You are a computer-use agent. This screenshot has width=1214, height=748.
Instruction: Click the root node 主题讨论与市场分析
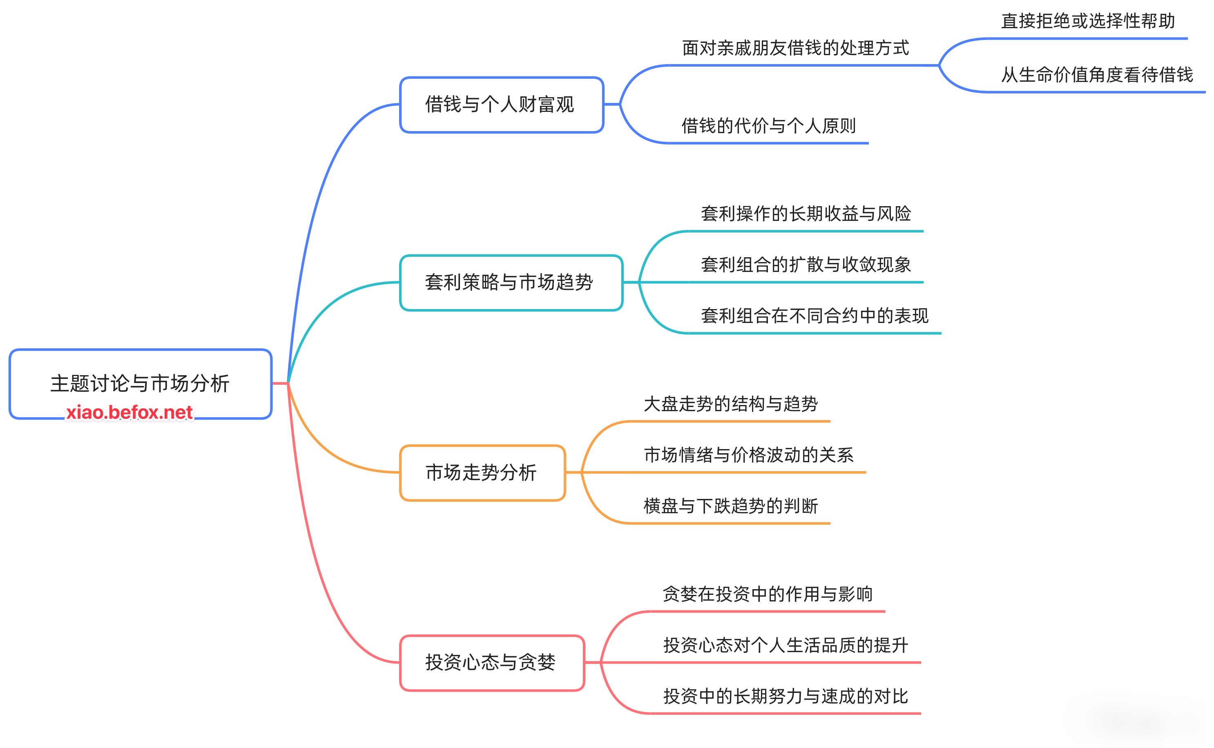(140, 383)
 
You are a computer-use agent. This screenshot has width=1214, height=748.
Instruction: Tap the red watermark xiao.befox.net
(129, 412)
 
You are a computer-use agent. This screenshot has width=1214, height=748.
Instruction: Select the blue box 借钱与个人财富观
(501, 105)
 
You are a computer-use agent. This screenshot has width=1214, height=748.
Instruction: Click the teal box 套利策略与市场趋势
(510, 283)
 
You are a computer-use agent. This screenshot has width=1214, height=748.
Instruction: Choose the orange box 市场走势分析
(482, 472)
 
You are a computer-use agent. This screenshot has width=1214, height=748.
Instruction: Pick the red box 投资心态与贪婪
(491, 662)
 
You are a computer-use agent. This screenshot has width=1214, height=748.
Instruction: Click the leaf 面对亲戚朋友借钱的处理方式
(795, 48)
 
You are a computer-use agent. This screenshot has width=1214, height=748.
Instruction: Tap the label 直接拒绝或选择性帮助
(1088, 21)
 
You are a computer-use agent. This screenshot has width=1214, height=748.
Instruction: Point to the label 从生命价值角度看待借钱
(1097, 75)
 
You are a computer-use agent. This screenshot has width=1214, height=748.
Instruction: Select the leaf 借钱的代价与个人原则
(769, 126)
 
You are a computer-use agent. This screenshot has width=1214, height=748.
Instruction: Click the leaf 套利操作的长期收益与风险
(806, 213)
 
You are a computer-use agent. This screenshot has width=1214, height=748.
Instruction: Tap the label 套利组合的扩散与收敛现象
(806, 265)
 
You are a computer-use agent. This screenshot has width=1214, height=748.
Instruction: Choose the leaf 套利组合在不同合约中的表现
(815, 316)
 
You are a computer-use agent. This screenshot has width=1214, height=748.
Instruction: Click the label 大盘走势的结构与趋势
(730, 404)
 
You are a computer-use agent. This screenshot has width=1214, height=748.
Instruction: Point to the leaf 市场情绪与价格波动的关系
(749, 454)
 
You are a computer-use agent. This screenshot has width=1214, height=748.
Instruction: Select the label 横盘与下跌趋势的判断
(730, 505)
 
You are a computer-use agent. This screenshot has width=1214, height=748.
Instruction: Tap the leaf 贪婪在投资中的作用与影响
(767, 594)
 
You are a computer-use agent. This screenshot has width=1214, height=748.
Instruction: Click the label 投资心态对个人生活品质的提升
(786, 645)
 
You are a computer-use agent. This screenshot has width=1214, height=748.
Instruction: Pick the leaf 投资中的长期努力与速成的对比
(786, 696)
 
